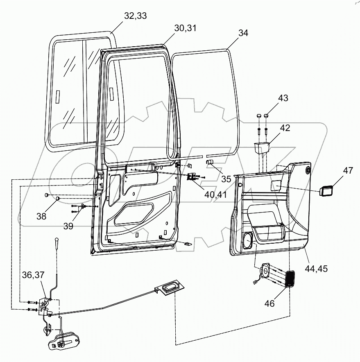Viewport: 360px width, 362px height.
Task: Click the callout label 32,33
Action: coord(135,16)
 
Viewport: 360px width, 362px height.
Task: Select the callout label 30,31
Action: coord(185,28)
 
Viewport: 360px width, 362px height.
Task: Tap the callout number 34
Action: coord(243,33)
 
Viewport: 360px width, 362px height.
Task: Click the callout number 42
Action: coord(285,128)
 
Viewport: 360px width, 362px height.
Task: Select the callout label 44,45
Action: coord(316,269)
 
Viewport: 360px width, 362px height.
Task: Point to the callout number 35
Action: coord(226,179)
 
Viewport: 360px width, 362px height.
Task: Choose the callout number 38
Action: coord(41,217)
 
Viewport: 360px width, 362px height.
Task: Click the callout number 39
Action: coord(68,226)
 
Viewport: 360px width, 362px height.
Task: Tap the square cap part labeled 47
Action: coord(326,190)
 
